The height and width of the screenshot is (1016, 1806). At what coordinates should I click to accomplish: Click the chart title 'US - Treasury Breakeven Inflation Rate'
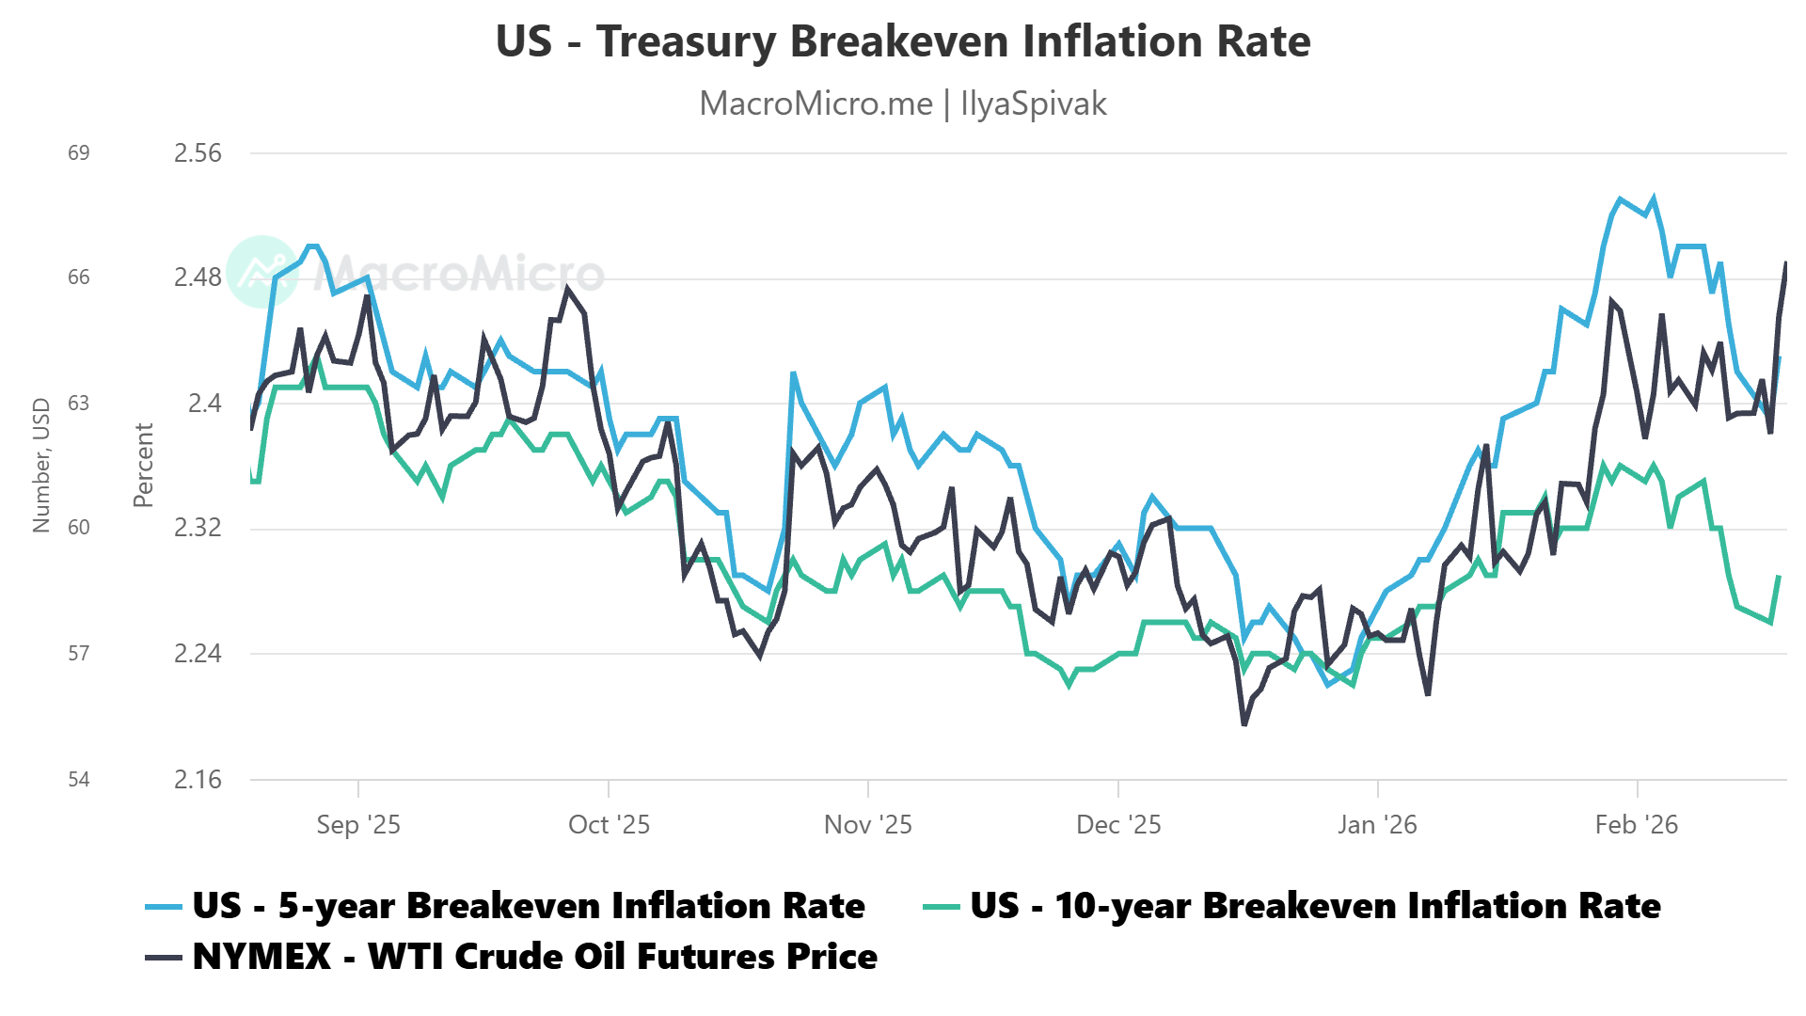click(902, 42)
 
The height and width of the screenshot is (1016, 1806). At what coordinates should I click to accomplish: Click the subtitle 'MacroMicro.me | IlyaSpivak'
click(902, 103)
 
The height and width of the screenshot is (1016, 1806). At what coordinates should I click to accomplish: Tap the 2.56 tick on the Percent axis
click(198, 153)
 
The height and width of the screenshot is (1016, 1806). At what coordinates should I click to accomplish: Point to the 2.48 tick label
click(198, 278)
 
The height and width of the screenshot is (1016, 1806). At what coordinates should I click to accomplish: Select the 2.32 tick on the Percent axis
click(198, 528)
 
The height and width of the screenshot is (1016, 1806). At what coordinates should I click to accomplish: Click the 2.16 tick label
click(198, 779)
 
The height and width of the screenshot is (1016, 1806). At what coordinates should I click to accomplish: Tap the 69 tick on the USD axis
click(79, 153)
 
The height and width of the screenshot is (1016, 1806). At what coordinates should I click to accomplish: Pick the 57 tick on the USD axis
click(79, 653)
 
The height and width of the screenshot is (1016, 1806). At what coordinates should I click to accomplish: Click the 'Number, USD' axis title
click(41, 465)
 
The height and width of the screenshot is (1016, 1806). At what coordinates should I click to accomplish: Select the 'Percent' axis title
click(143, 465)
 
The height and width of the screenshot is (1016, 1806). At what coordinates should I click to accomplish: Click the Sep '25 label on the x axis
click(358, 825)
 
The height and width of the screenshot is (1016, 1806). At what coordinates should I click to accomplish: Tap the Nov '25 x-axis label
click(867, 825)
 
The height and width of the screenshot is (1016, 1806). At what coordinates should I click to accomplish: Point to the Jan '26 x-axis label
click(1377, 825)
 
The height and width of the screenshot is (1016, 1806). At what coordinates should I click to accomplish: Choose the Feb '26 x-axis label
click(1637, 825)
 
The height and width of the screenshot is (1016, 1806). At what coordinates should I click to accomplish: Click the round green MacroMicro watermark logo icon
click(262, 272)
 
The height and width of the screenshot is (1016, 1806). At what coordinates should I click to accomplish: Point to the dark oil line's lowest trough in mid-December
click(1244, 724)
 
